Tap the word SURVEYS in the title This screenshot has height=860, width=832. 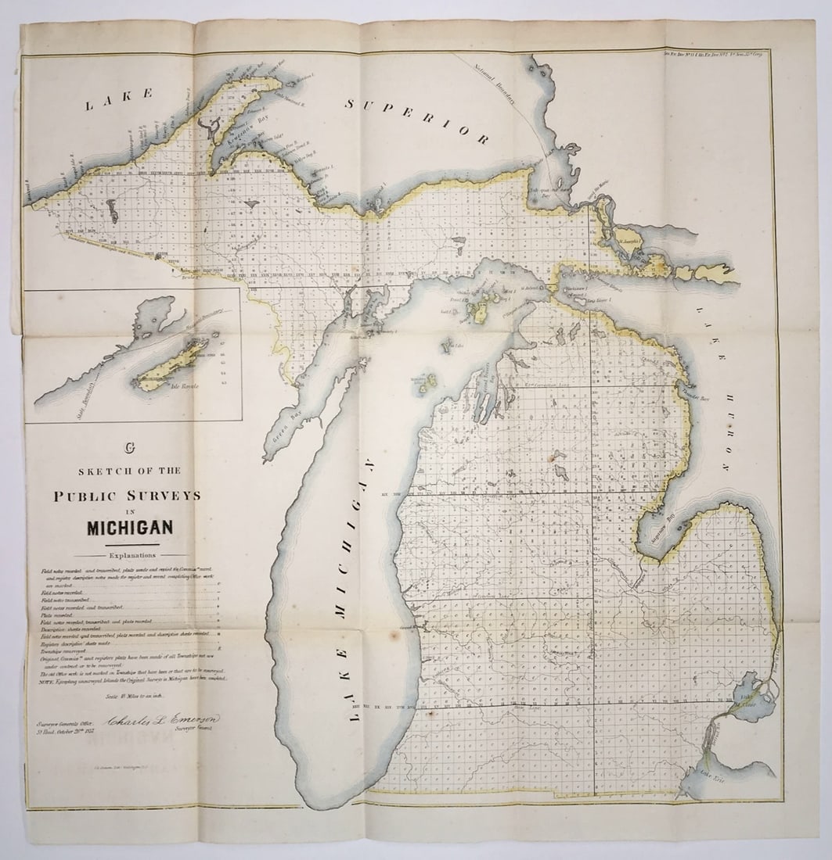(x=167, y=496)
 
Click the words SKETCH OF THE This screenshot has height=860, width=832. (x=129, y=471)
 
